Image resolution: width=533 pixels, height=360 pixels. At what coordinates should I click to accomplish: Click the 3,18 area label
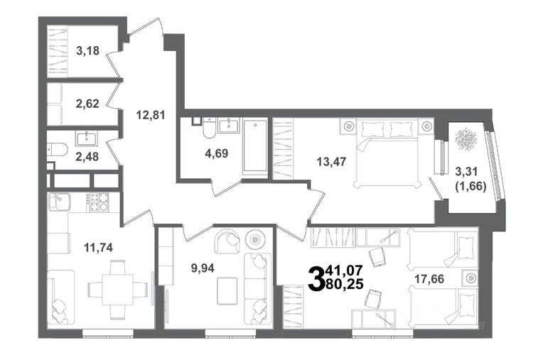point(87,51)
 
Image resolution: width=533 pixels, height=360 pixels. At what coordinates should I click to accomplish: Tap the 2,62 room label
point(87,104)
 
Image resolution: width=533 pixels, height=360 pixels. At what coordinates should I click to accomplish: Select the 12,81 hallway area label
point(151,115)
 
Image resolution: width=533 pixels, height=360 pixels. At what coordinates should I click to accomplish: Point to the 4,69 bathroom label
point(217,153)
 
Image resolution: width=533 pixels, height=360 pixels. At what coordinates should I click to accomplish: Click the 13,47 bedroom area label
point(331,161)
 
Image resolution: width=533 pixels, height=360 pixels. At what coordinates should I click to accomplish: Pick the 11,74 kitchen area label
point(99,248)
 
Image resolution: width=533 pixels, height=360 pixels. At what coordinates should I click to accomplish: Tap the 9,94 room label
point(203,268)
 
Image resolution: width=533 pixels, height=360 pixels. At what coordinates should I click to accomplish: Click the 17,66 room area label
point(429,279)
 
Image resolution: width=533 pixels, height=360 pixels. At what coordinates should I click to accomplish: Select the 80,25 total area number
point(345,283)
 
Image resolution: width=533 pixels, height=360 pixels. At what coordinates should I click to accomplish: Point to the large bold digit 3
point(316,278)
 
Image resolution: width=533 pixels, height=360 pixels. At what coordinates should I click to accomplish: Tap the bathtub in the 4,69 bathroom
point(255,147)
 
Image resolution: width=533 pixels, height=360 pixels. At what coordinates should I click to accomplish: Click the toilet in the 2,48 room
point(57,149)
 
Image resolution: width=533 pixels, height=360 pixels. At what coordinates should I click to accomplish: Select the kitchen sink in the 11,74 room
point(59,202)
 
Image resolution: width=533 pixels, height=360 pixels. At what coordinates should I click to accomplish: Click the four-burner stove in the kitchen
point(97,202)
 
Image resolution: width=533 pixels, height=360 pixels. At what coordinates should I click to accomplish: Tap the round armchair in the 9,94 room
point(227,241)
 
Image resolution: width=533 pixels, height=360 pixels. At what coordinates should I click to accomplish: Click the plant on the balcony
point(466,138)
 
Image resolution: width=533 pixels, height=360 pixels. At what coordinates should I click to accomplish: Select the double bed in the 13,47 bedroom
point(387,153)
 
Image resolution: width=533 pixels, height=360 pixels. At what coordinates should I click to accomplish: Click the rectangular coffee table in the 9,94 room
point(227,291)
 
